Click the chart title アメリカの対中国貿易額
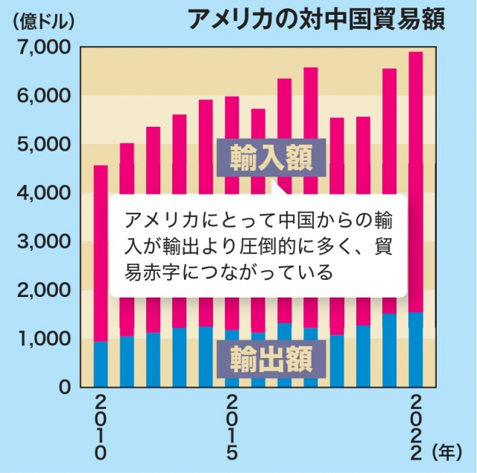coord(316,19)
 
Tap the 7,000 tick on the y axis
coord(43,48)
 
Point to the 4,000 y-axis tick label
coord(43,193)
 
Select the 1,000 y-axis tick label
coord(43,339)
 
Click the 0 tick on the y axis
coord(65,387)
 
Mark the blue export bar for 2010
coord(101,364)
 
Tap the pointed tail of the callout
coord(276,188)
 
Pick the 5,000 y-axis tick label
coord(43,145)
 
